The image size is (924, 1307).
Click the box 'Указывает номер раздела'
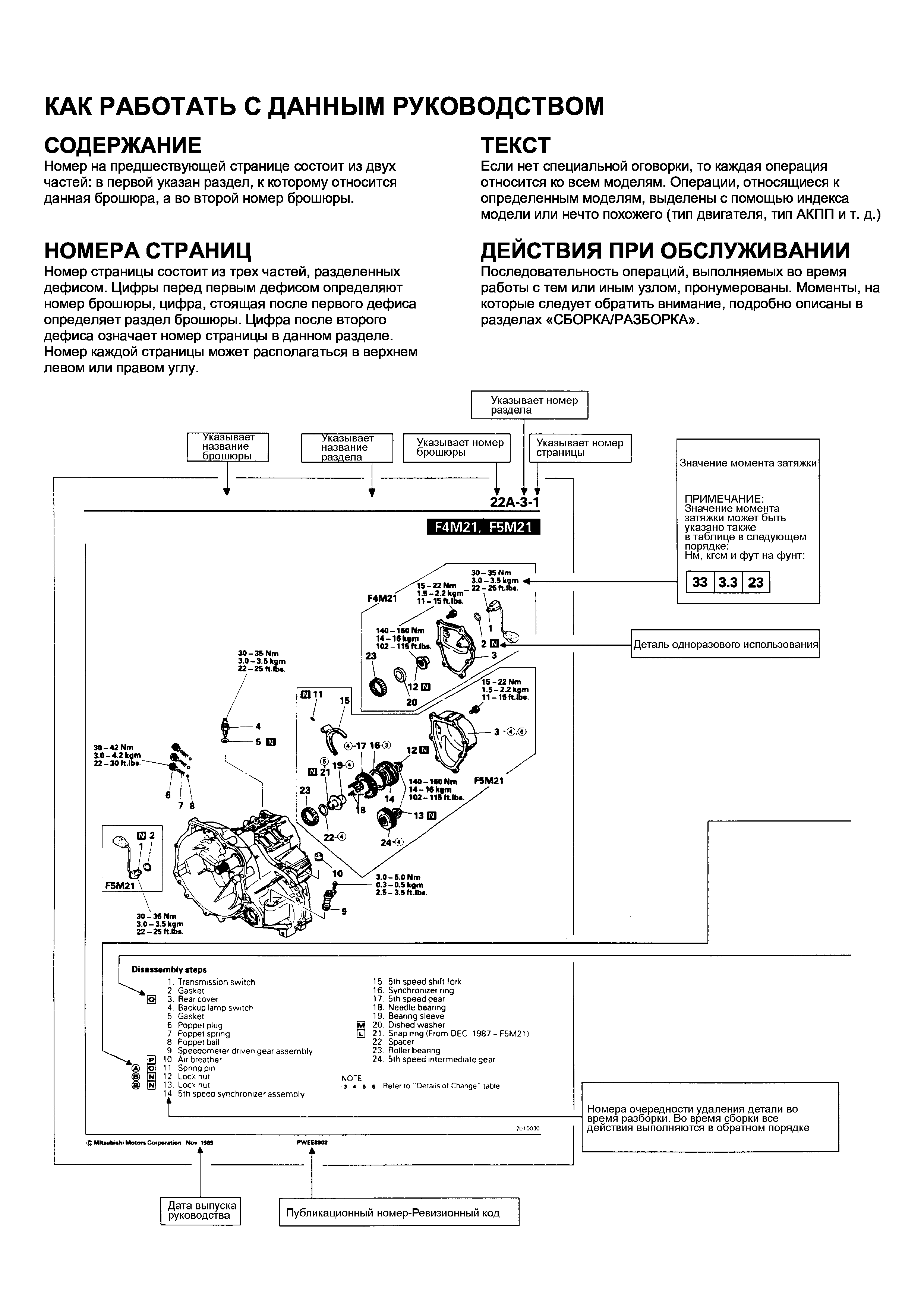(x=529, y=405)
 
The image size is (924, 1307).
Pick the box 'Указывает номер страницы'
(x=580, y=447)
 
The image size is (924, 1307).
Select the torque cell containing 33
(x=700, y=582)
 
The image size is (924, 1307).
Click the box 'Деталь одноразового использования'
(x=725, y=645)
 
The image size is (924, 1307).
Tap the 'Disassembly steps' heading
(x=169, y=969)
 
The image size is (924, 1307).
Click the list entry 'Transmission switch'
(x=216, y=982)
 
